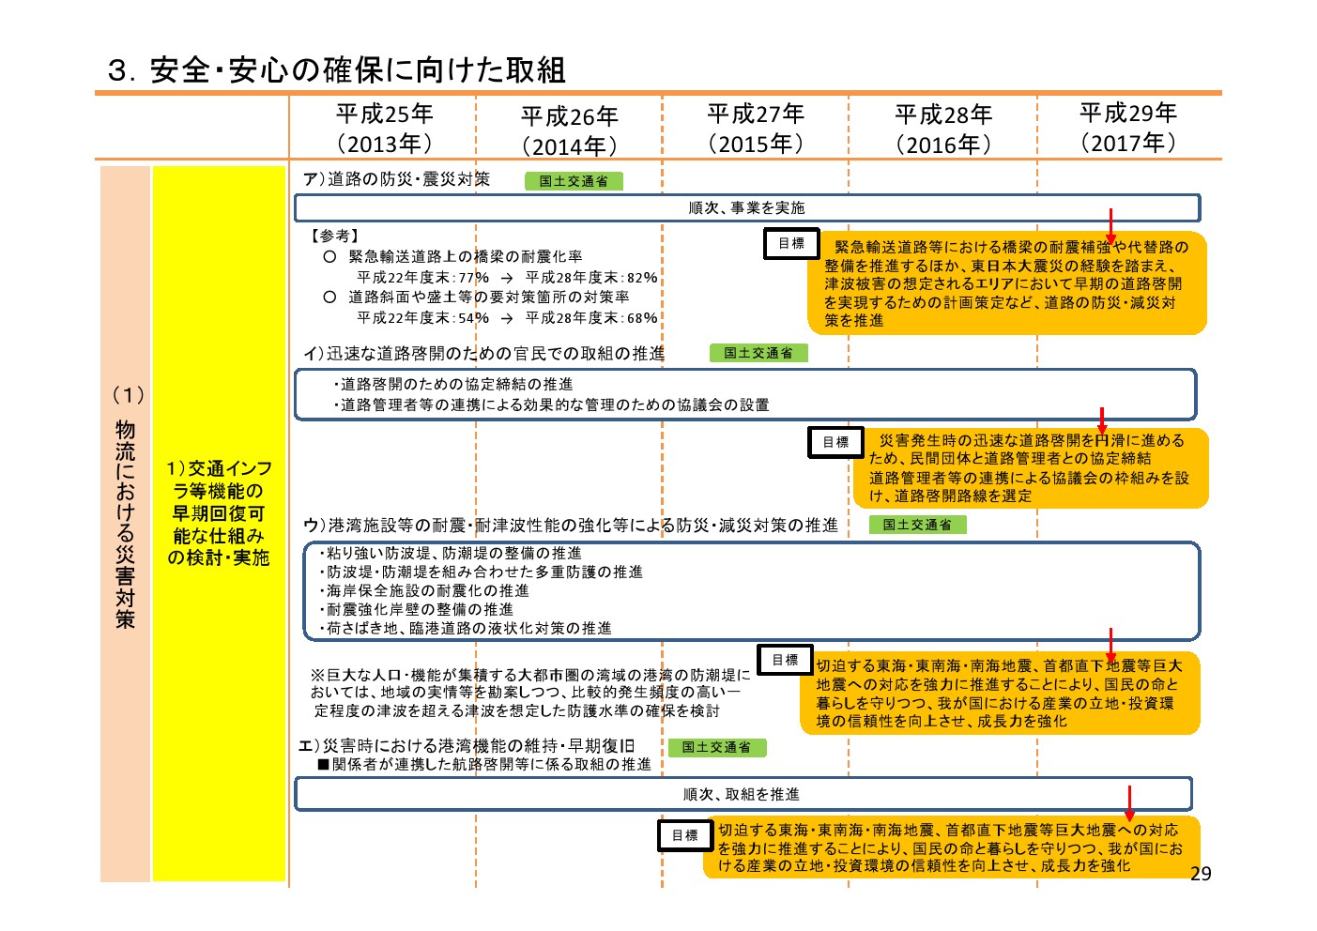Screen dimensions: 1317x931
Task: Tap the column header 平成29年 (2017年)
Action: [x=1128, y=127]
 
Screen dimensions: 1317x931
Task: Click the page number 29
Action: [x=1201, y=874]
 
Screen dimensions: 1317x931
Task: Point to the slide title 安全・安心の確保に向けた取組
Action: [x=358, y=70]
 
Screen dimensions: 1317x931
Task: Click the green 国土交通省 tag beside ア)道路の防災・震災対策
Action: [x=574, y=181]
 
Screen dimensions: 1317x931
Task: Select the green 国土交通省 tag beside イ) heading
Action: [x=758, y=353]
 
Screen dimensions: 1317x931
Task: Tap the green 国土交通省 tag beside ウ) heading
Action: [x=918, y=525]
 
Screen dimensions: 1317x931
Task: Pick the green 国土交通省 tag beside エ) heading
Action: [x=717, y=747]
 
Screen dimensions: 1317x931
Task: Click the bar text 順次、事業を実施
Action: [x=746, y=207]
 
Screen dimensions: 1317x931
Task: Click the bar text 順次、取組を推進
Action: [x=742, y=794]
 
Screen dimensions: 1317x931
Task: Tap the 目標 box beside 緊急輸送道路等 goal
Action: [x=791, y=243]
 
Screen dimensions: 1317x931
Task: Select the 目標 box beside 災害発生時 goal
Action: [x=835, y=442]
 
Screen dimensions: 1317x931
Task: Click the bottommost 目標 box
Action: [x=685, y=835]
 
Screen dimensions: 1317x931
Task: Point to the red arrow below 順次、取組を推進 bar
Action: [x=1129, y=802]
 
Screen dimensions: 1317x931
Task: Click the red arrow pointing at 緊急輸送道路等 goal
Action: [x=1110, y=225]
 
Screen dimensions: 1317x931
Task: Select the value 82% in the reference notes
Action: [x=642, y=278]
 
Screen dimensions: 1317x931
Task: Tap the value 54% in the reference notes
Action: [x=473, y=318]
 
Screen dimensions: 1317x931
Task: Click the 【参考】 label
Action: [x=334, y=236]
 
